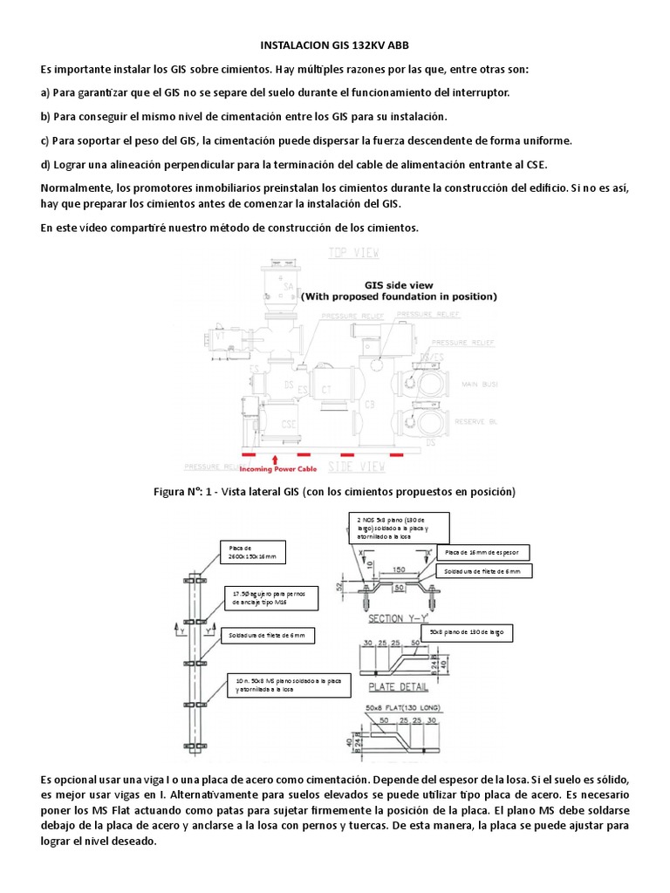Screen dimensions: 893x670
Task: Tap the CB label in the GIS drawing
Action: (370, 404)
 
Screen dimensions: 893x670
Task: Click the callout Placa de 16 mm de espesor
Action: (485, 553)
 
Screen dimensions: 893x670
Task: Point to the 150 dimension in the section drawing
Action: (399, 568)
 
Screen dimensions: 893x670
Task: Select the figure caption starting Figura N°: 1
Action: (335, 492)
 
